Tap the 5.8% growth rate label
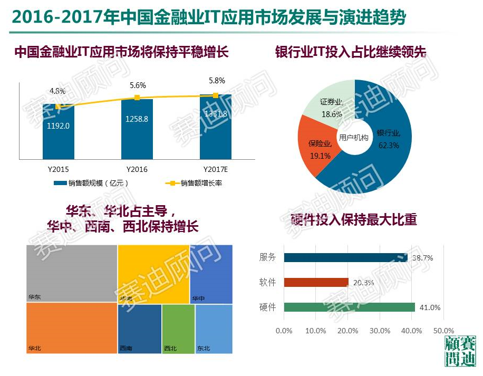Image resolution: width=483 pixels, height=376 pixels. click(216, 81)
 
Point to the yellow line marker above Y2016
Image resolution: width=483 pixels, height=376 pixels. click(137, 98)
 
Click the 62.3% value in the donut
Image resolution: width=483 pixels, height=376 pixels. click(389, 146)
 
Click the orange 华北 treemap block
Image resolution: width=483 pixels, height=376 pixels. click(71, 327)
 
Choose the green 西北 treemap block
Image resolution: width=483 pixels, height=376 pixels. click(178, 329)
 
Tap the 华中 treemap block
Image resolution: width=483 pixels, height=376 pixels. click(211, 274)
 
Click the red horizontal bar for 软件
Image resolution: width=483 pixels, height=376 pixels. click(316, 282)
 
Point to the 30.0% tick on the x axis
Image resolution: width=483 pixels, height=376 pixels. click(380, 331)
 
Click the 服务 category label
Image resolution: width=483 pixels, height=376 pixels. click(267, 257)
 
